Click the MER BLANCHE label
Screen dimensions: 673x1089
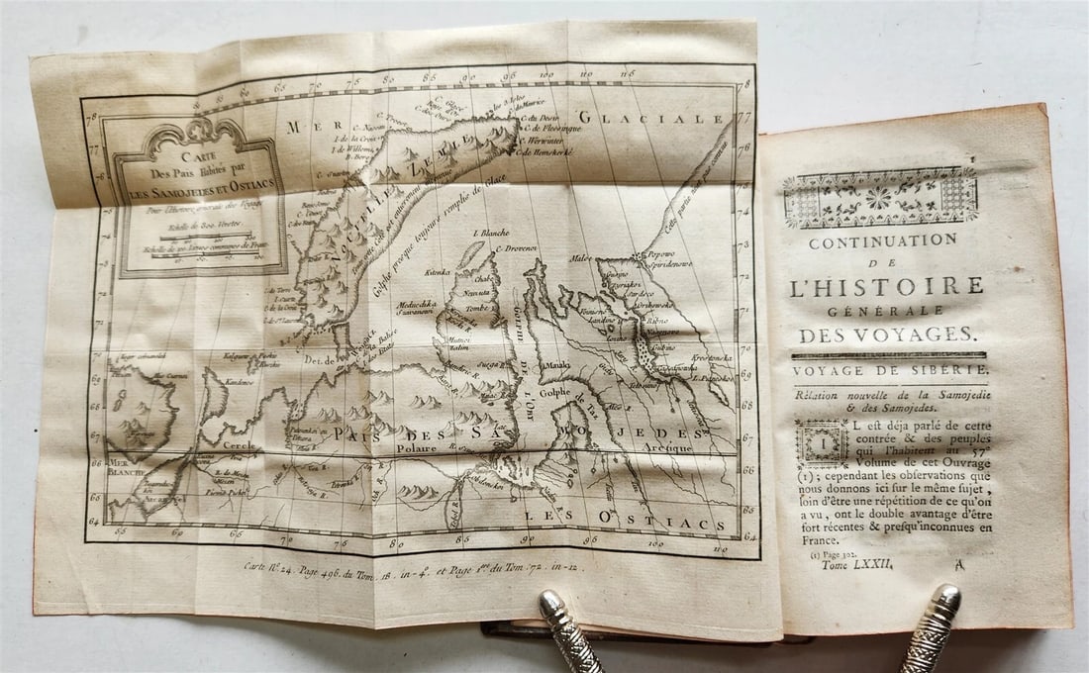[x=126, y=465]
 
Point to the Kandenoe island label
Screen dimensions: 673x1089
[x=240, y=381]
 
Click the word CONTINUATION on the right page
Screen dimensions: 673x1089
[x=883, y=241]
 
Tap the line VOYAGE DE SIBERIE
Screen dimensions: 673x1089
[x=889, y=369]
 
